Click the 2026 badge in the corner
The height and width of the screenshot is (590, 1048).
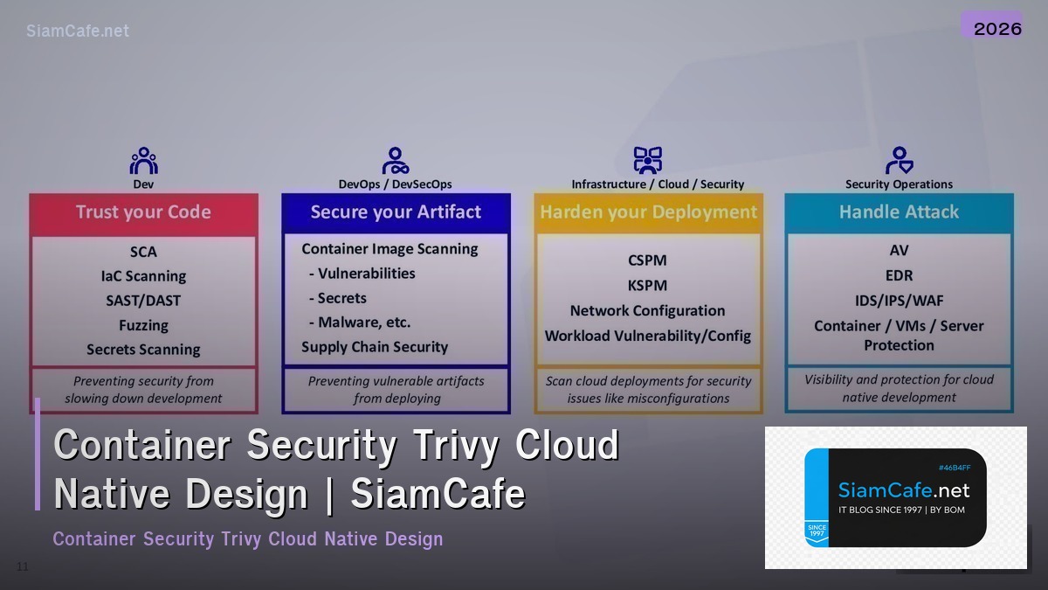(996, 28)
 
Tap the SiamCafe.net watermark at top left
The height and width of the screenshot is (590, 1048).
(77, 31)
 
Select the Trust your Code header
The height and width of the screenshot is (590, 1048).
(143, 212)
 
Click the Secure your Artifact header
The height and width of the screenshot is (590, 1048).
(396, 212)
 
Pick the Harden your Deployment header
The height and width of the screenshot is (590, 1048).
(648, 212)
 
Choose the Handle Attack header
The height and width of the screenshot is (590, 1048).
(899, 212)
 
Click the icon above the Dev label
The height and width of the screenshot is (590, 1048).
(143, 161)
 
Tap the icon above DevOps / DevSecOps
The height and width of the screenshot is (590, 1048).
(396, 161)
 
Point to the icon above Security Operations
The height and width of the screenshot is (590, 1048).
(899, 161)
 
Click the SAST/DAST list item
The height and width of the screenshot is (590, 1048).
(143, 301)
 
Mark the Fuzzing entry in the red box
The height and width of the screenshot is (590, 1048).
(143, 325)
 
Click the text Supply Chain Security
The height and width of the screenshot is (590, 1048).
(375, 347)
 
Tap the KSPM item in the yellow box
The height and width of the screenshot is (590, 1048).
(647, 286)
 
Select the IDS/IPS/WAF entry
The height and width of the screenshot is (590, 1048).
(899, 301)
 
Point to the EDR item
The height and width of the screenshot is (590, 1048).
(899, 275)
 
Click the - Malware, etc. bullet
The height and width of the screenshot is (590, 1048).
(360, 323)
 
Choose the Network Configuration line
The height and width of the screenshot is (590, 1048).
(647, 311)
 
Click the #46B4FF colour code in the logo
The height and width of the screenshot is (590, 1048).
(954, 468)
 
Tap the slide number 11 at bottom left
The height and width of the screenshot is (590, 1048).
(22, 567)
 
